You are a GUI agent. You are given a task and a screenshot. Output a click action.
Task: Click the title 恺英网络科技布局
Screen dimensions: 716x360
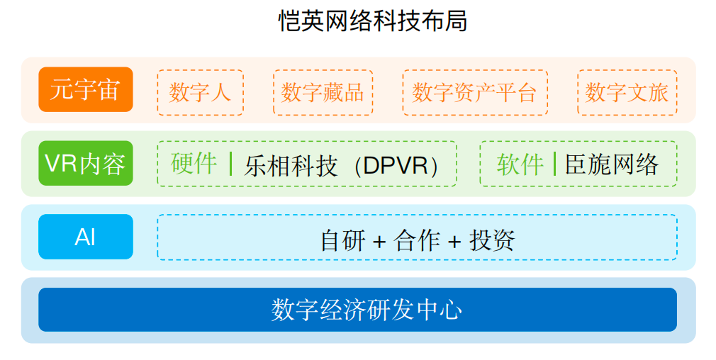point(373,21)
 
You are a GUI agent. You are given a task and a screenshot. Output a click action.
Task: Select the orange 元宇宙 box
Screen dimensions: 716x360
point(86,89)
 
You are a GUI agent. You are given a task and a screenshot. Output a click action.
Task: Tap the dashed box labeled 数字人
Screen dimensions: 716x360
point(201,92)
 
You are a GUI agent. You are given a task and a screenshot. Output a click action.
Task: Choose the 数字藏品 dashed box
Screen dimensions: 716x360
point(323,92)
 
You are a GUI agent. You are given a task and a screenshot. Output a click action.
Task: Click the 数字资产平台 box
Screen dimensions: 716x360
point(475,92)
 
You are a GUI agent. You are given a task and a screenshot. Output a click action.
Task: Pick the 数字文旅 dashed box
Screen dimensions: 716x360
point(627,92)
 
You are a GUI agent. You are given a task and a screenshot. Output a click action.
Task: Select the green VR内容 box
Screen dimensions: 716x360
point(86,163)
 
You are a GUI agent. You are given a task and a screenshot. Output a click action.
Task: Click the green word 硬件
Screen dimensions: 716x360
point(194,163)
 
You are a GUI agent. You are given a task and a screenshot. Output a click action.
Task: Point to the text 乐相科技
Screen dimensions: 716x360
point(291,166)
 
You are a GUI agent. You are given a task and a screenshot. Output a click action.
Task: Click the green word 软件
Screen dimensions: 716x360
point(520,164)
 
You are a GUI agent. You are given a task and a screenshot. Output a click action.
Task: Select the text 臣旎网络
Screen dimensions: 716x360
point(612,164)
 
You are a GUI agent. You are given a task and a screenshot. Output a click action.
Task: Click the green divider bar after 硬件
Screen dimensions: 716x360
point(231,164)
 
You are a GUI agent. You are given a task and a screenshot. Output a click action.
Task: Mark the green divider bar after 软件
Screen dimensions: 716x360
point(554,164)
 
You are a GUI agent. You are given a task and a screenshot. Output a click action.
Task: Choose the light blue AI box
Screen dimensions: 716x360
point(86,237)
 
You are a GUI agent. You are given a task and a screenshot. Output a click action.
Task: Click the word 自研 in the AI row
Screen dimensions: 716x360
point(343,240)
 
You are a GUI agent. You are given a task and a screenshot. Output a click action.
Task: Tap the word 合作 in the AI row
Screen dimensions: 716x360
point(418,240)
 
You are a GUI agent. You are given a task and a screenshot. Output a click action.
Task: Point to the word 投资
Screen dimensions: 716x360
point(492,240)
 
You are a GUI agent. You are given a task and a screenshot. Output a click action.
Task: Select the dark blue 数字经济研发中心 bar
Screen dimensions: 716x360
point(357,310)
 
